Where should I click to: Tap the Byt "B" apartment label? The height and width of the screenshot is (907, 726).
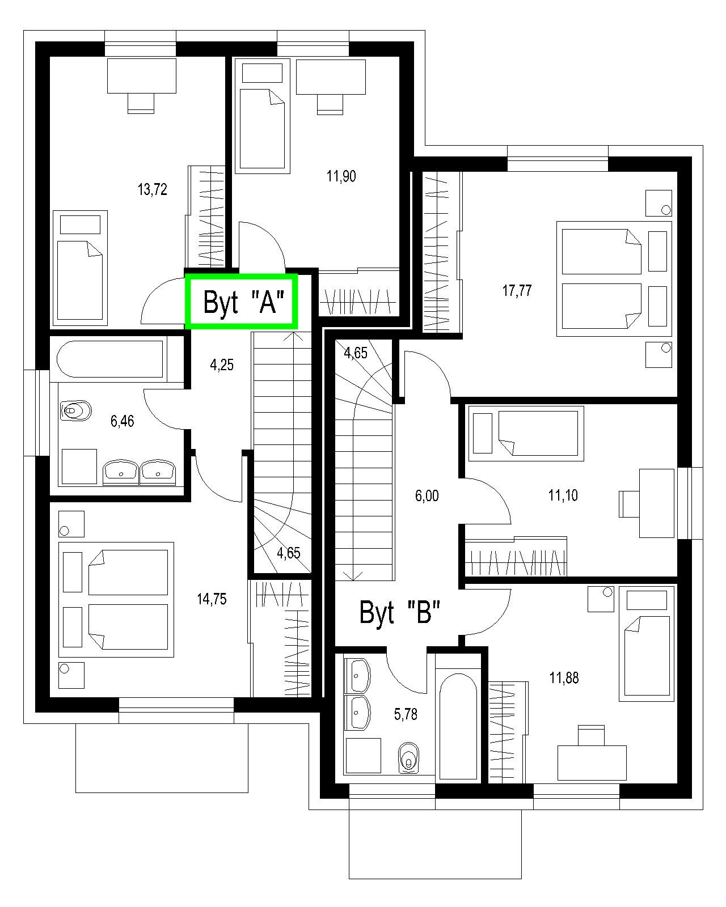coord(399,612)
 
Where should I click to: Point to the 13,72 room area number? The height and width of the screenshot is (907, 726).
coord(152,190)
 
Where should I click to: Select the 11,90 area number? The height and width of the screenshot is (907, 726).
coord(341,176)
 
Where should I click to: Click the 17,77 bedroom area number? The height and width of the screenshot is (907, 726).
coord(517,290)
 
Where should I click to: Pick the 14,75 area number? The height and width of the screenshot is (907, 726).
coord(212,599)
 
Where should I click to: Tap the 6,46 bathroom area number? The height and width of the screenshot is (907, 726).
coord(123,421)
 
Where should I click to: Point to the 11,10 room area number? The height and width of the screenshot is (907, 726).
coord(563,495)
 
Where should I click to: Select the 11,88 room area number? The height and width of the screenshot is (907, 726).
coord(564,678)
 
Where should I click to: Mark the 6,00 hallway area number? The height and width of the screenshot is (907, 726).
coord(427,496)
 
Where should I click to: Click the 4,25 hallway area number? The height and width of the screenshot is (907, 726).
coord(222,365)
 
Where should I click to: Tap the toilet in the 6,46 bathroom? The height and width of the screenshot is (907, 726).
coord(76,410)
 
